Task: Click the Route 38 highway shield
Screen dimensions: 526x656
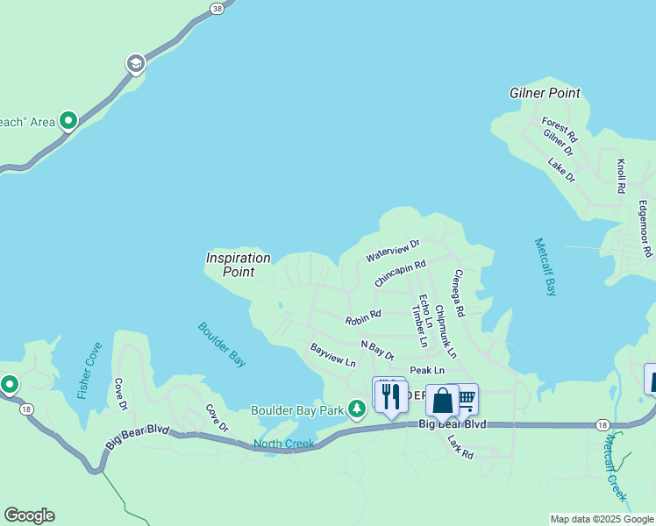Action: (x=217, y=7)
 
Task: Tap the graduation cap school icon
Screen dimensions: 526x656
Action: (x=135, y=64)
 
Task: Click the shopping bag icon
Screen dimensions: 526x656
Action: (x=443, y=401)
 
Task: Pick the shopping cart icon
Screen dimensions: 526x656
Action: (x=467, y=398)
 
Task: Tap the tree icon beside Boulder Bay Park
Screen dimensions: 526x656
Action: (x=356, y=409)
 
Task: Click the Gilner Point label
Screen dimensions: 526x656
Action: (x=545, y=93)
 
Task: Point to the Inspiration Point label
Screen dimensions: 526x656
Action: (x=238, y=265)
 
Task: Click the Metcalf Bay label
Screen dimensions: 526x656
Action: (x=545, y=267)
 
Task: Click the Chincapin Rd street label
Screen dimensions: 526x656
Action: (x=400, y=273)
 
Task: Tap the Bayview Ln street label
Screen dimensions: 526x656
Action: (x=332, y=355)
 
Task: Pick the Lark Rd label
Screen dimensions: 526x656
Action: (x=460, y=447)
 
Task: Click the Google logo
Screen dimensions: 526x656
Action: (x=29, y=515)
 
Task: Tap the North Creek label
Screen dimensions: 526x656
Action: (x=283, y=444)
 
